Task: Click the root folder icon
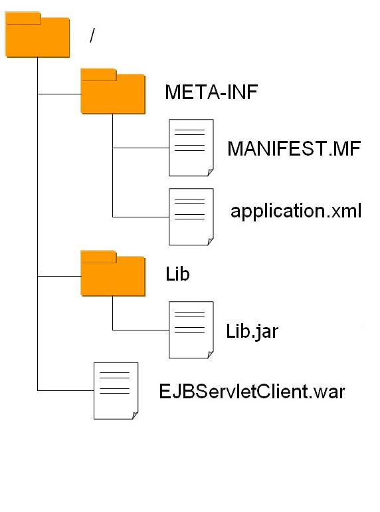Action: click(x=37, y=36)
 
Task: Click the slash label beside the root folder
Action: click(x=92, y=36)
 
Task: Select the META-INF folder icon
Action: click(x=112, y=92)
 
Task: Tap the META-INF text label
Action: click(x=202, y=92)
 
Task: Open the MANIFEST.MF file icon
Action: click(x=191, y=148)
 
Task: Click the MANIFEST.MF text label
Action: click(x=293, y=148)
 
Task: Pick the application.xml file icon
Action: click(x=191, y=216)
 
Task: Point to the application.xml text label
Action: click(x=296, y=211)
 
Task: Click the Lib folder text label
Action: click(x=177, y=273)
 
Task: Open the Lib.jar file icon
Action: click(x=191, y=329)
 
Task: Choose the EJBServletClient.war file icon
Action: click(x=116, y=390)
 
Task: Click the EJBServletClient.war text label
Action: click(x=252, y=391)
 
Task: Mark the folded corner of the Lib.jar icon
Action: click(x=209, y=353)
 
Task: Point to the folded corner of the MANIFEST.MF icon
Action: click(x=209, y=172)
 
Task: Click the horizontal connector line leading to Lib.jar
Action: click(x=140, y=330)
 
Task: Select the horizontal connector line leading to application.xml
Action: click(x=140, y=217)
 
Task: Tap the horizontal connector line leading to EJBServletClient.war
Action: click(x=65, y=390)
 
